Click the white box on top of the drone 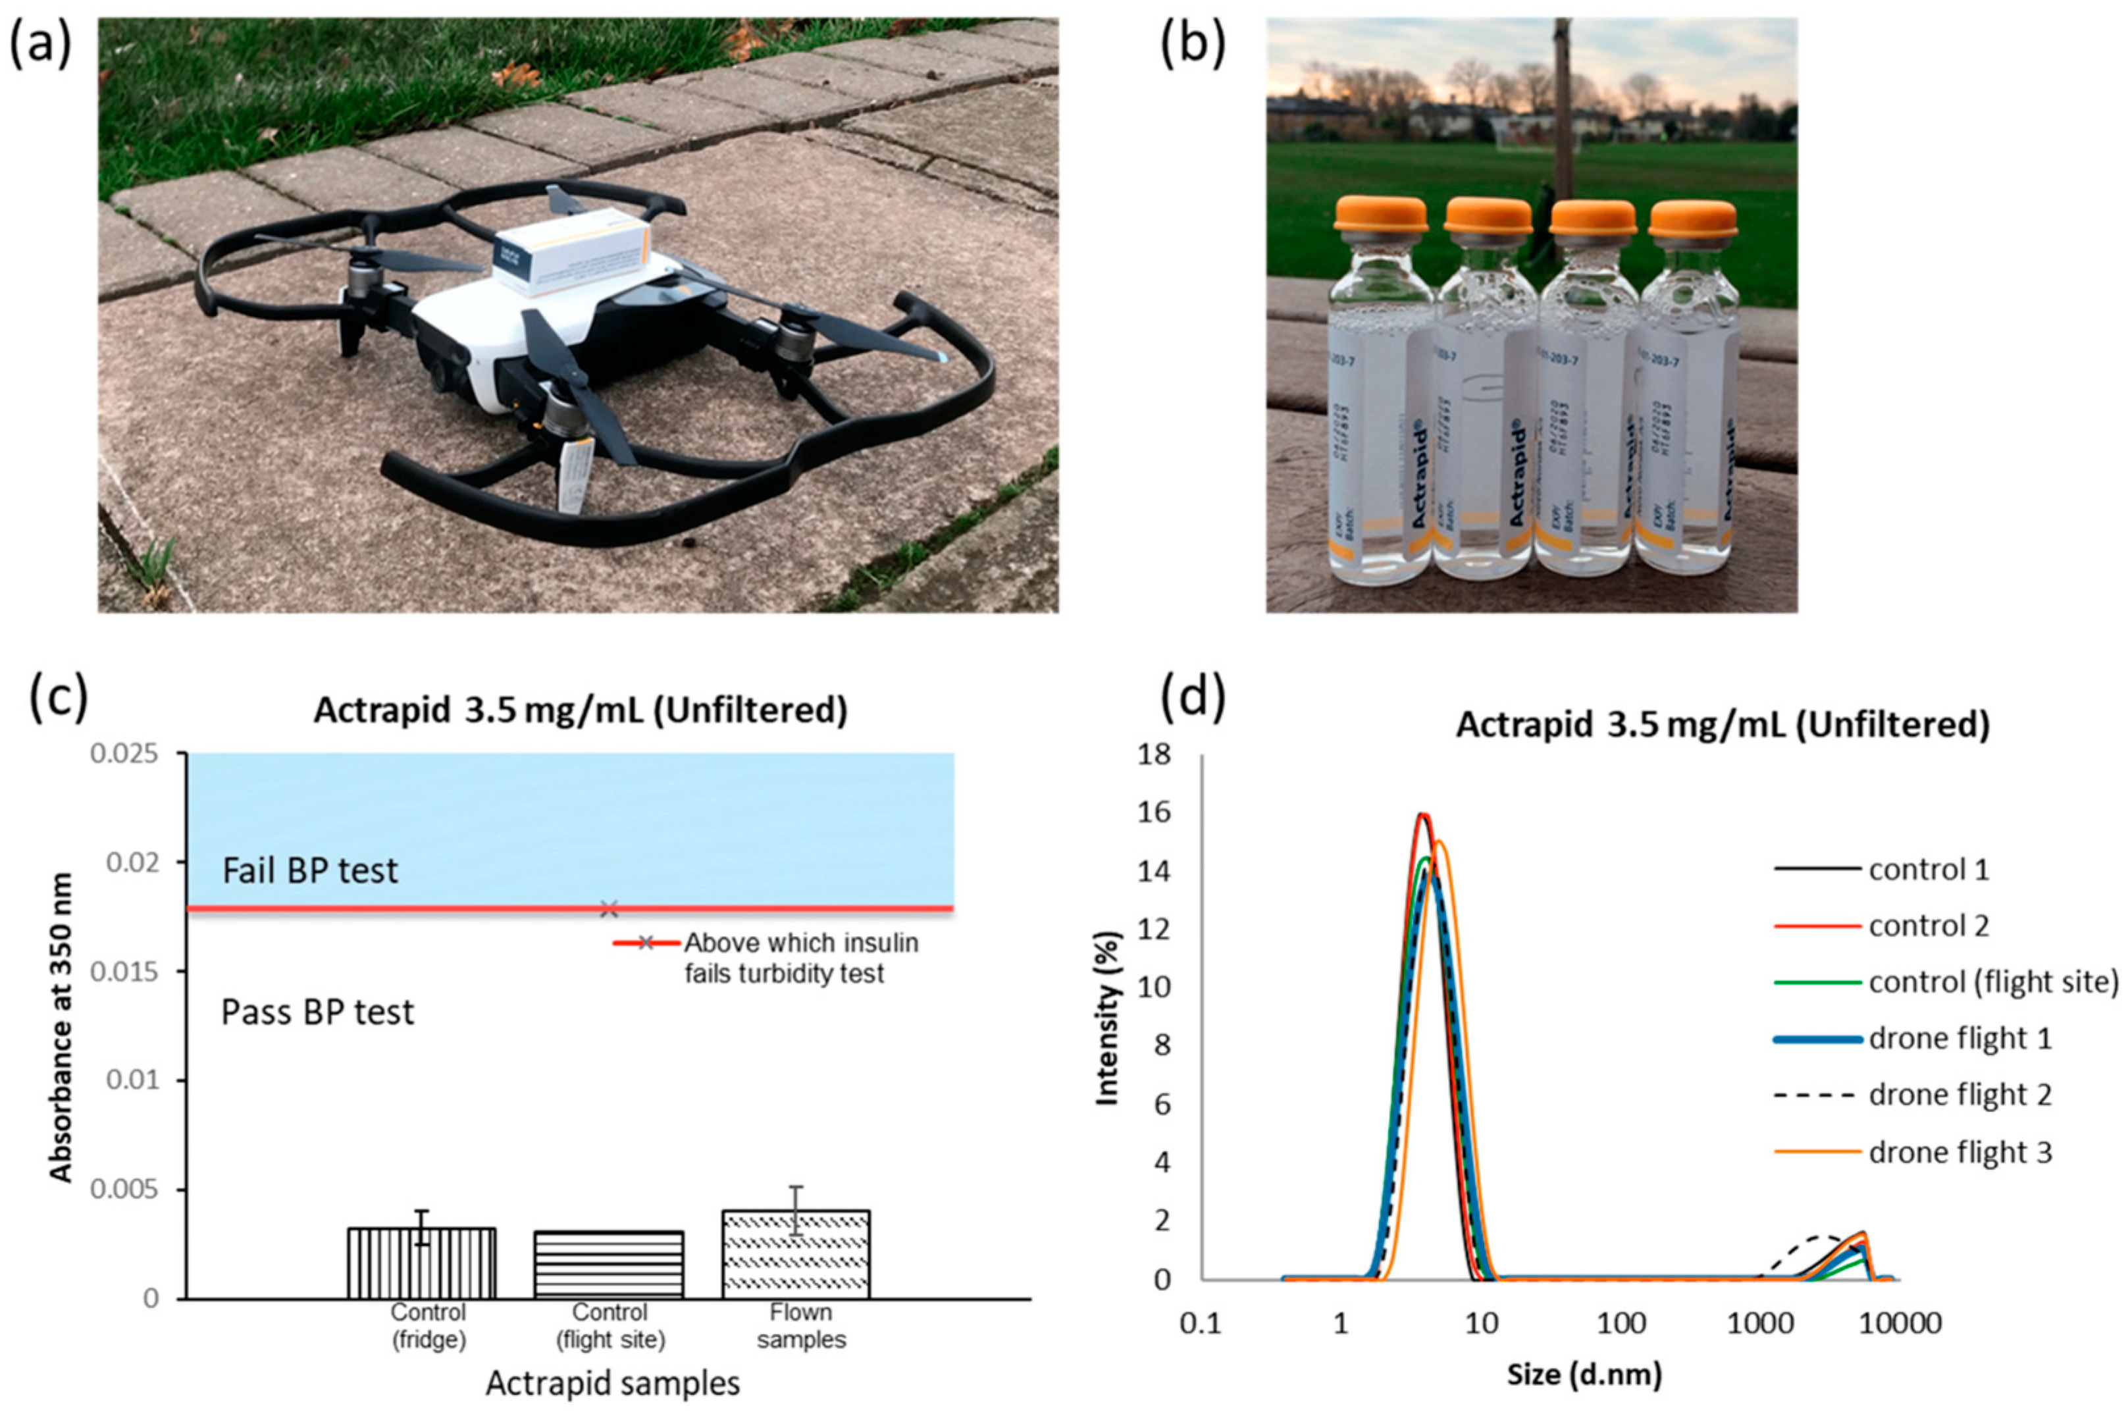pos(572,251)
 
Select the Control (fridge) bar pos(422,1263)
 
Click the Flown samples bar pos(796,1254)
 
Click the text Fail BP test pos(311,871)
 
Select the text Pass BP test pos(318,1012)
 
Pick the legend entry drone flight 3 pos(1959,1152)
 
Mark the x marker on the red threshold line pos(610,908)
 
